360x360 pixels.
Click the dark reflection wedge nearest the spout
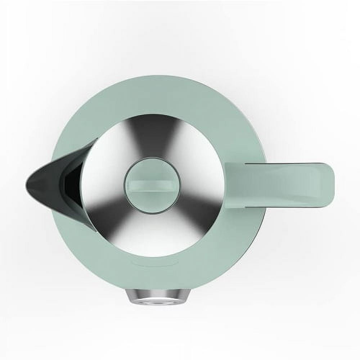pos(99,212)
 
